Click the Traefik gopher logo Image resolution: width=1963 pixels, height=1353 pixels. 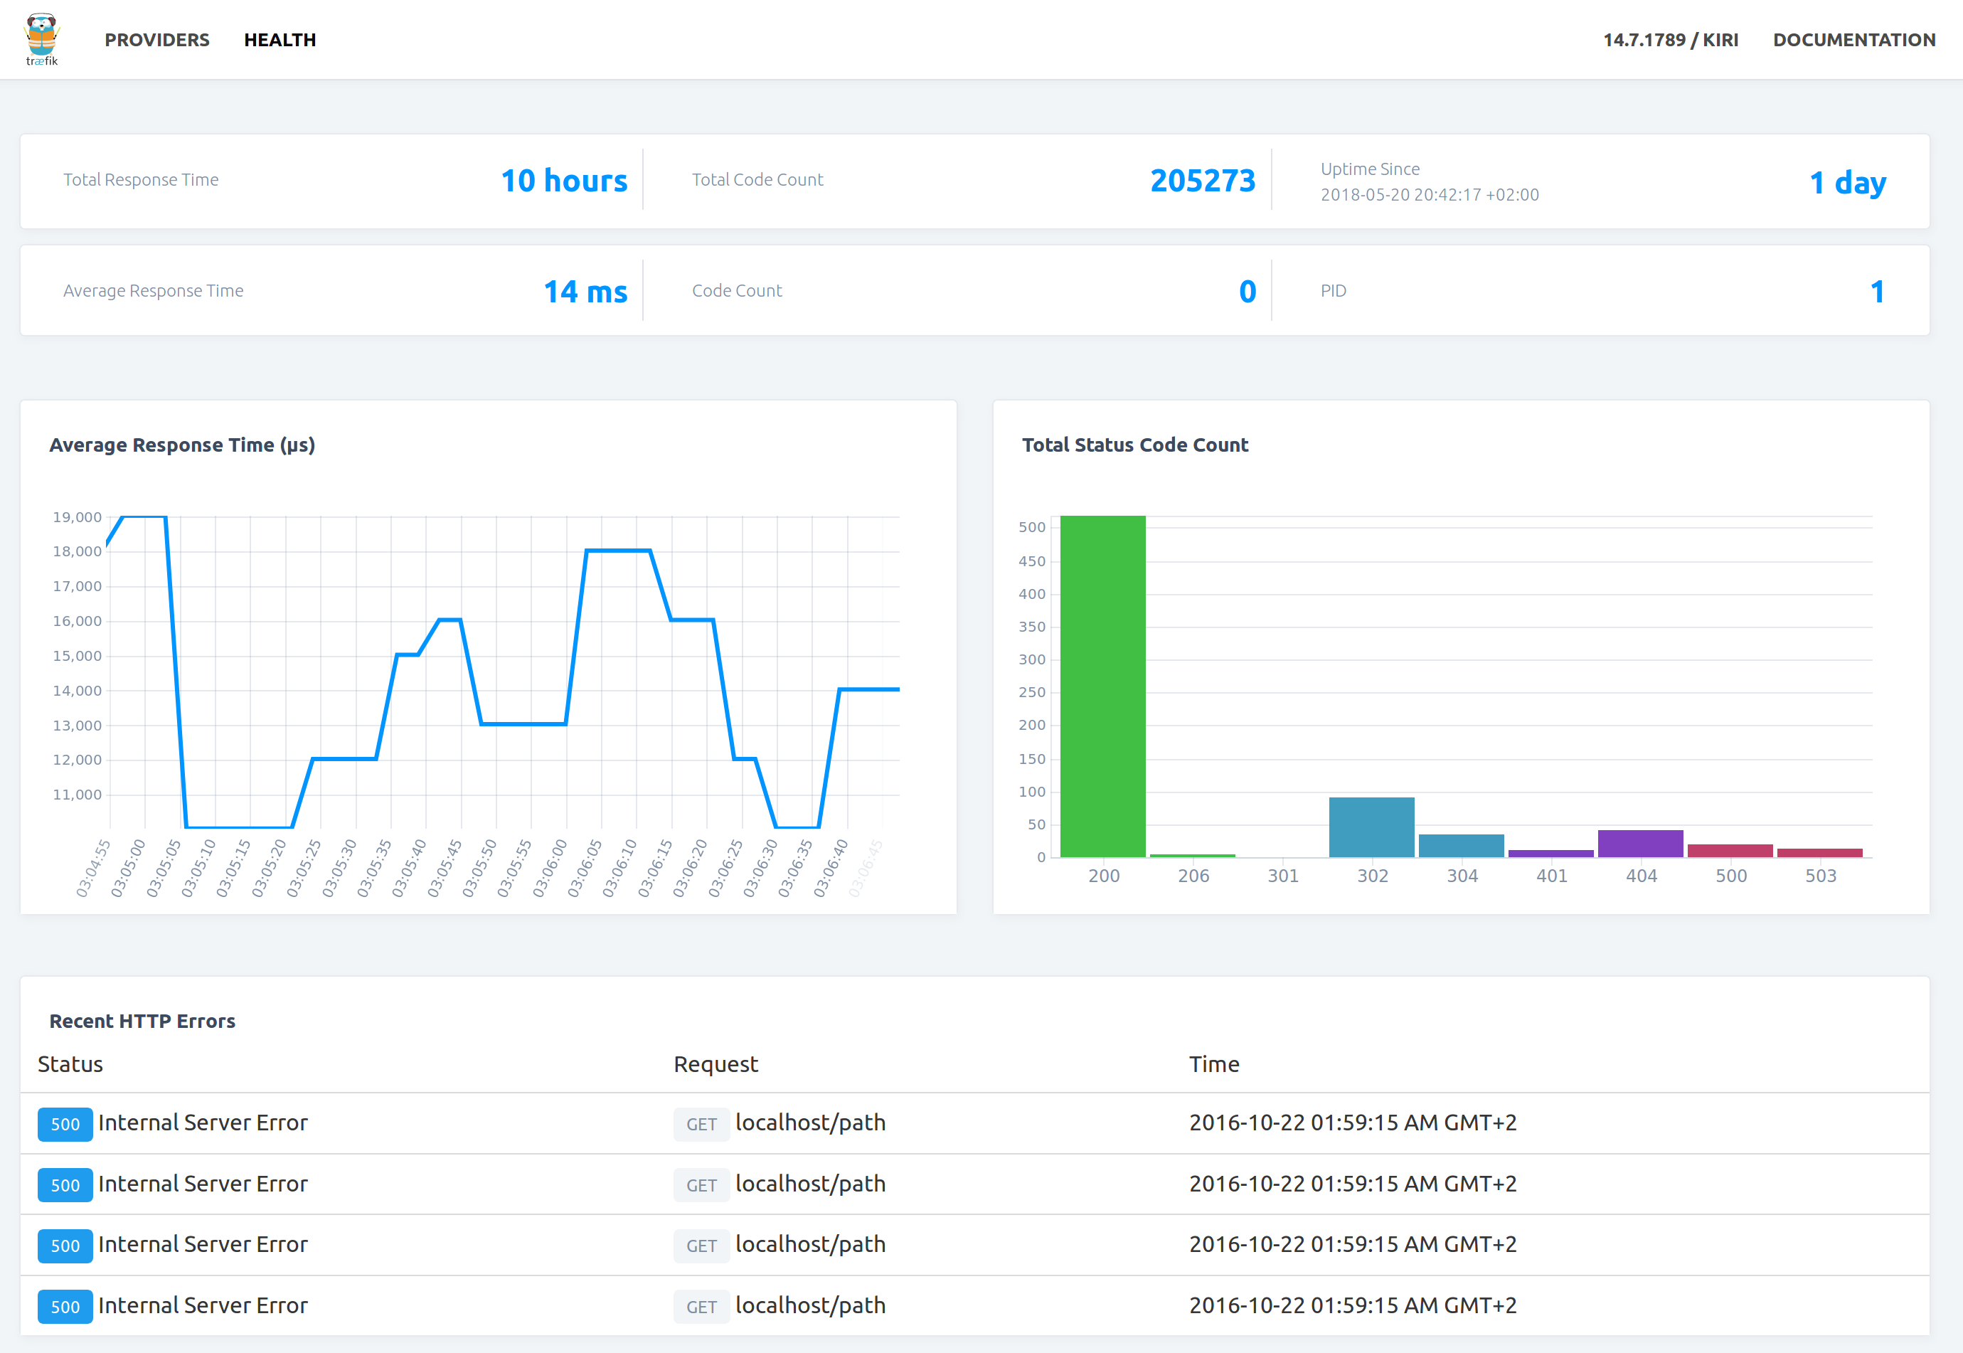(41, 39)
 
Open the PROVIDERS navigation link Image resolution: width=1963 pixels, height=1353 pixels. (156, 40)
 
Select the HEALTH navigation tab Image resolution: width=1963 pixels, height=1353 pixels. (280, 40)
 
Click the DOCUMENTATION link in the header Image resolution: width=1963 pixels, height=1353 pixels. (1853, 40)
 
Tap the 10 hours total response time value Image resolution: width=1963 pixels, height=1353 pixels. (563, 181)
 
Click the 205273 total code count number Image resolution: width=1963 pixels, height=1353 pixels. (1202, 181)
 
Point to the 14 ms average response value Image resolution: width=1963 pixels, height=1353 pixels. (585, 292)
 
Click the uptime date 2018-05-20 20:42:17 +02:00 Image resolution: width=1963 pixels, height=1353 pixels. (1429, 195)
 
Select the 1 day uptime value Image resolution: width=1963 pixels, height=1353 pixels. (1847, 182)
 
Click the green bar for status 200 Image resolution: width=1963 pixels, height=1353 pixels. (1102, 686)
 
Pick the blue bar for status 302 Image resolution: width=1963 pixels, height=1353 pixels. (1371, 827)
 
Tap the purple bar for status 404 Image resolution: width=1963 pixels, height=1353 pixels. (1640, 844)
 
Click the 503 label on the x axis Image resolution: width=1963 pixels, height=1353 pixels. (1820, 876)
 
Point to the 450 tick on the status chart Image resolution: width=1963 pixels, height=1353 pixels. (1031, 561)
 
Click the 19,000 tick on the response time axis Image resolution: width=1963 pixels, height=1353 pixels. (77, 517)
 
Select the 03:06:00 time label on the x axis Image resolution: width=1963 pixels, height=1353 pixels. (550, 866)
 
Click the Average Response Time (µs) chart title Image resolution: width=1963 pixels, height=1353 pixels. (182, 445)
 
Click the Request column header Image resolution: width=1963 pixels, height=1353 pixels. (715, 1064)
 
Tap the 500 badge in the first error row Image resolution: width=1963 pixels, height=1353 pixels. (65, 1124)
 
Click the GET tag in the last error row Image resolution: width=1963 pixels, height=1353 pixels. (701, 1306)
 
